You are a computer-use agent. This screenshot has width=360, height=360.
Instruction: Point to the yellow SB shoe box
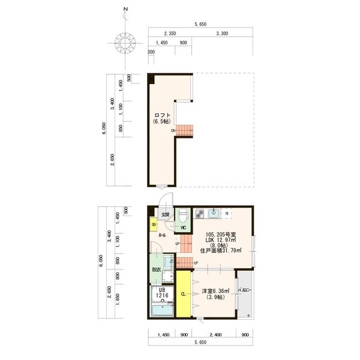(x=154, y=225)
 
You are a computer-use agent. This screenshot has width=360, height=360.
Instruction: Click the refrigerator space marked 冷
(x=227, y=213)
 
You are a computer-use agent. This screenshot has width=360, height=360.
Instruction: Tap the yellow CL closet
(x=183, y=295)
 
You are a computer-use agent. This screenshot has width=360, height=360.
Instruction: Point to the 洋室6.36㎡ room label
(x=215, y=291)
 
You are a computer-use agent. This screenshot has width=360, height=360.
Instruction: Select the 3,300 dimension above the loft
(x=220, y=34)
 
